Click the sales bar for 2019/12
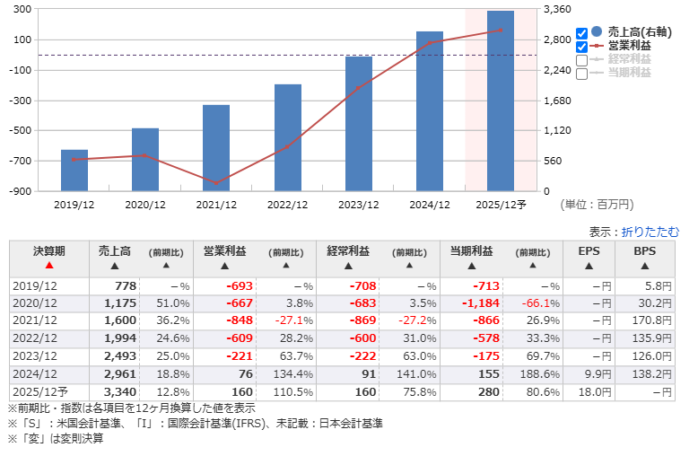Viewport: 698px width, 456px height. [74, 170]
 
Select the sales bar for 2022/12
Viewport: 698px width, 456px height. [287, 137]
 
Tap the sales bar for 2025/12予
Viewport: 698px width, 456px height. [501, 101]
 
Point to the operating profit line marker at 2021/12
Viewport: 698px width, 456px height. [216, 183]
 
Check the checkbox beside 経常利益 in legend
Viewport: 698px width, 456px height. [581, 60]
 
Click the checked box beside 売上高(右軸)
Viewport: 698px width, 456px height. [581, 33]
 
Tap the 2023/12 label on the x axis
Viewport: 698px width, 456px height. [358, 205]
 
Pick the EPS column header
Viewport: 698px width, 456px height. [589, 251]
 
